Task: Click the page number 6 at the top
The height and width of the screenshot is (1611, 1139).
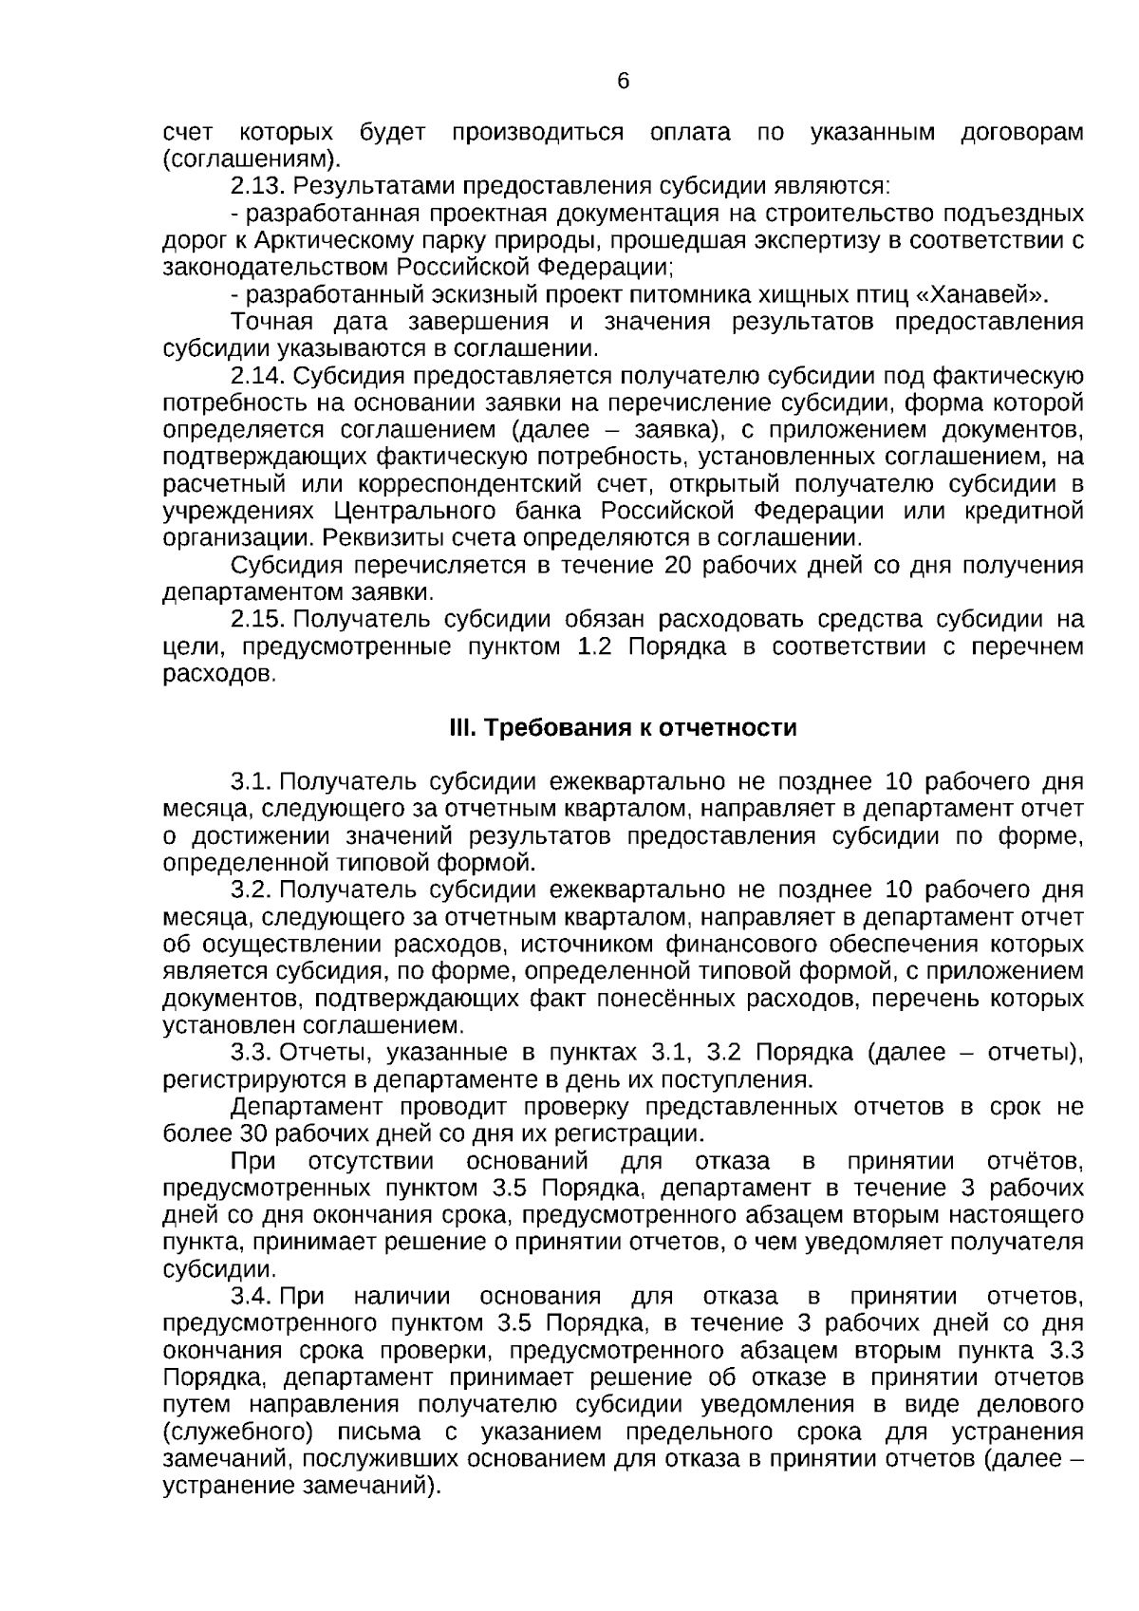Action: pyautogui.click(x=623, y=83)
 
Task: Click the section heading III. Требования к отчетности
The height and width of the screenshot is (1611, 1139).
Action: pyautogui.click(x=623, y=728)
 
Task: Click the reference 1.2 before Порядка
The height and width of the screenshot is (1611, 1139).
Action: pyautogui.click(x=594, y=647)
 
